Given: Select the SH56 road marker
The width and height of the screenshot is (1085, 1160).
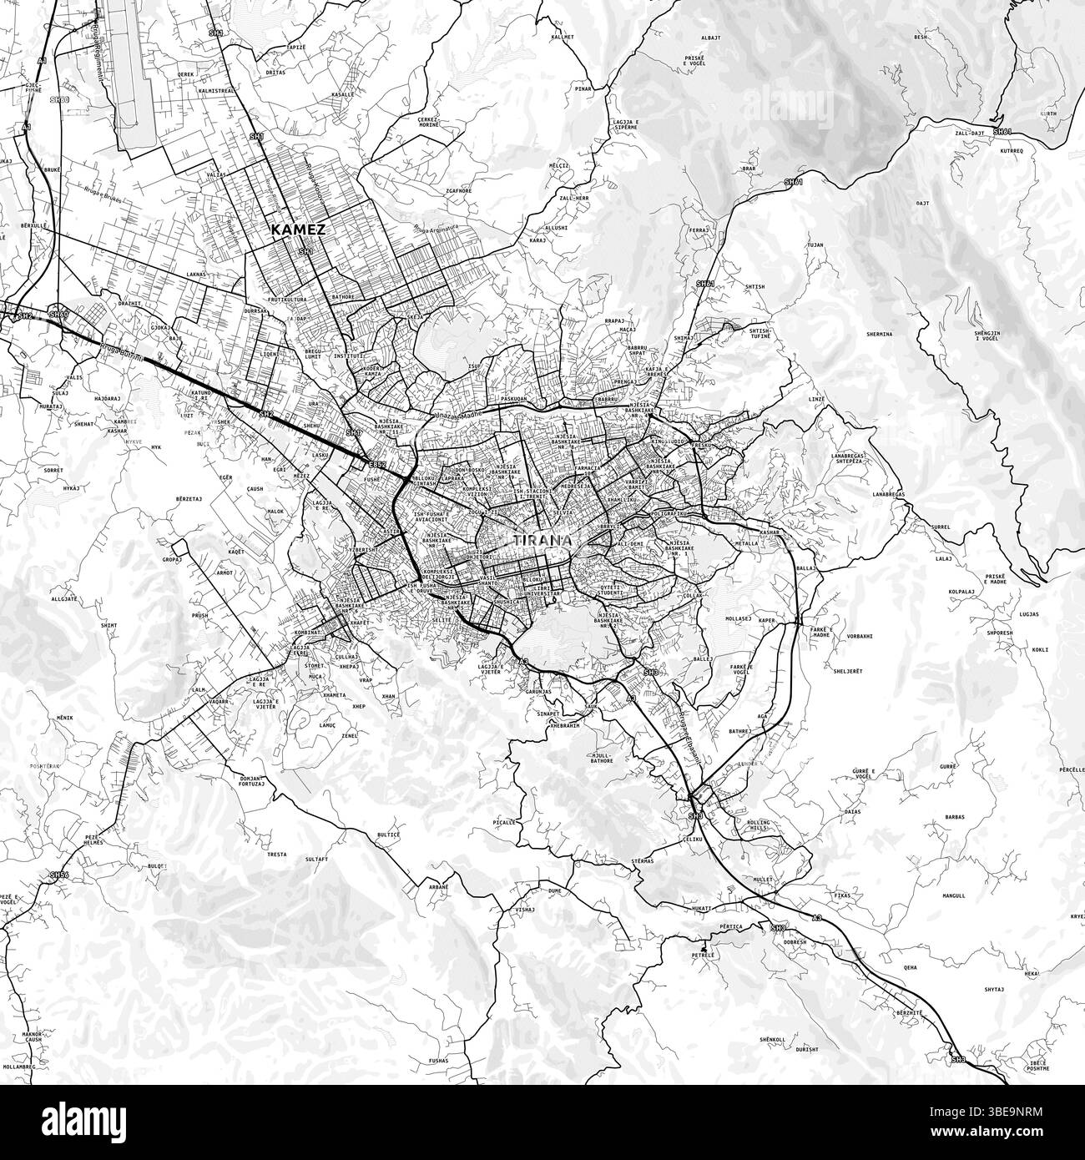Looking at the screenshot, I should point(58,875).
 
